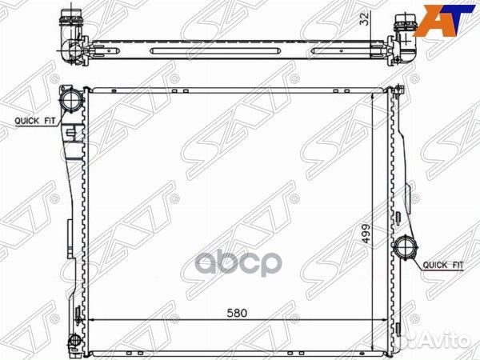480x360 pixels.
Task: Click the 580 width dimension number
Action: pos(237,313)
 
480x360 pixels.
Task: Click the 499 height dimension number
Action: pos(366,234)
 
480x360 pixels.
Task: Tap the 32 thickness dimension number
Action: pos(365,19)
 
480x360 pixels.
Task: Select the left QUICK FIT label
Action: pos(35,121)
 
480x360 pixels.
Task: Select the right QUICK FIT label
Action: pos(443,265)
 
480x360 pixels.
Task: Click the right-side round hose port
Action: pos(406,247)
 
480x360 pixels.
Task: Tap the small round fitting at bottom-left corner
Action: pos(74,340)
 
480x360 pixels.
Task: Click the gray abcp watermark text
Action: pos(238,263)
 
